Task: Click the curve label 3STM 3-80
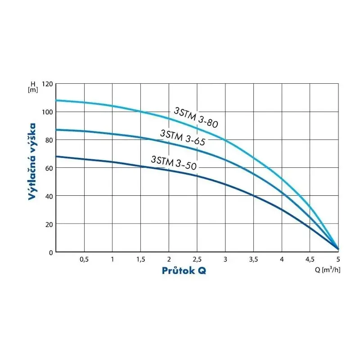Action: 198,117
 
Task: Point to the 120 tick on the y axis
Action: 47,84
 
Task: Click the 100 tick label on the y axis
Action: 47,112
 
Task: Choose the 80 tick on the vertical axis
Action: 49,140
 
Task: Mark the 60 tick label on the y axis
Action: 49,168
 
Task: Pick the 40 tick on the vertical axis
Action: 49,196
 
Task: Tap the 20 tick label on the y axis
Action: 49,224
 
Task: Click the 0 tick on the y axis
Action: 50,252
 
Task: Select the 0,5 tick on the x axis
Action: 84,260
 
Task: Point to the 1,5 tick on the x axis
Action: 140,260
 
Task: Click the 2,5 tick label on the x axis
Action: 197,260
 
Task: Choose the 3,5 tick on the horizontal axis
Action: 253,260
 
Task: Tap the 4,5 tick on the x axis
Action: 310,260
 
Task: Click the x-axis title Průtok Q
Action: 184,270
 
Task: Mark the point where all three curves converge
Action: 337,248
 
